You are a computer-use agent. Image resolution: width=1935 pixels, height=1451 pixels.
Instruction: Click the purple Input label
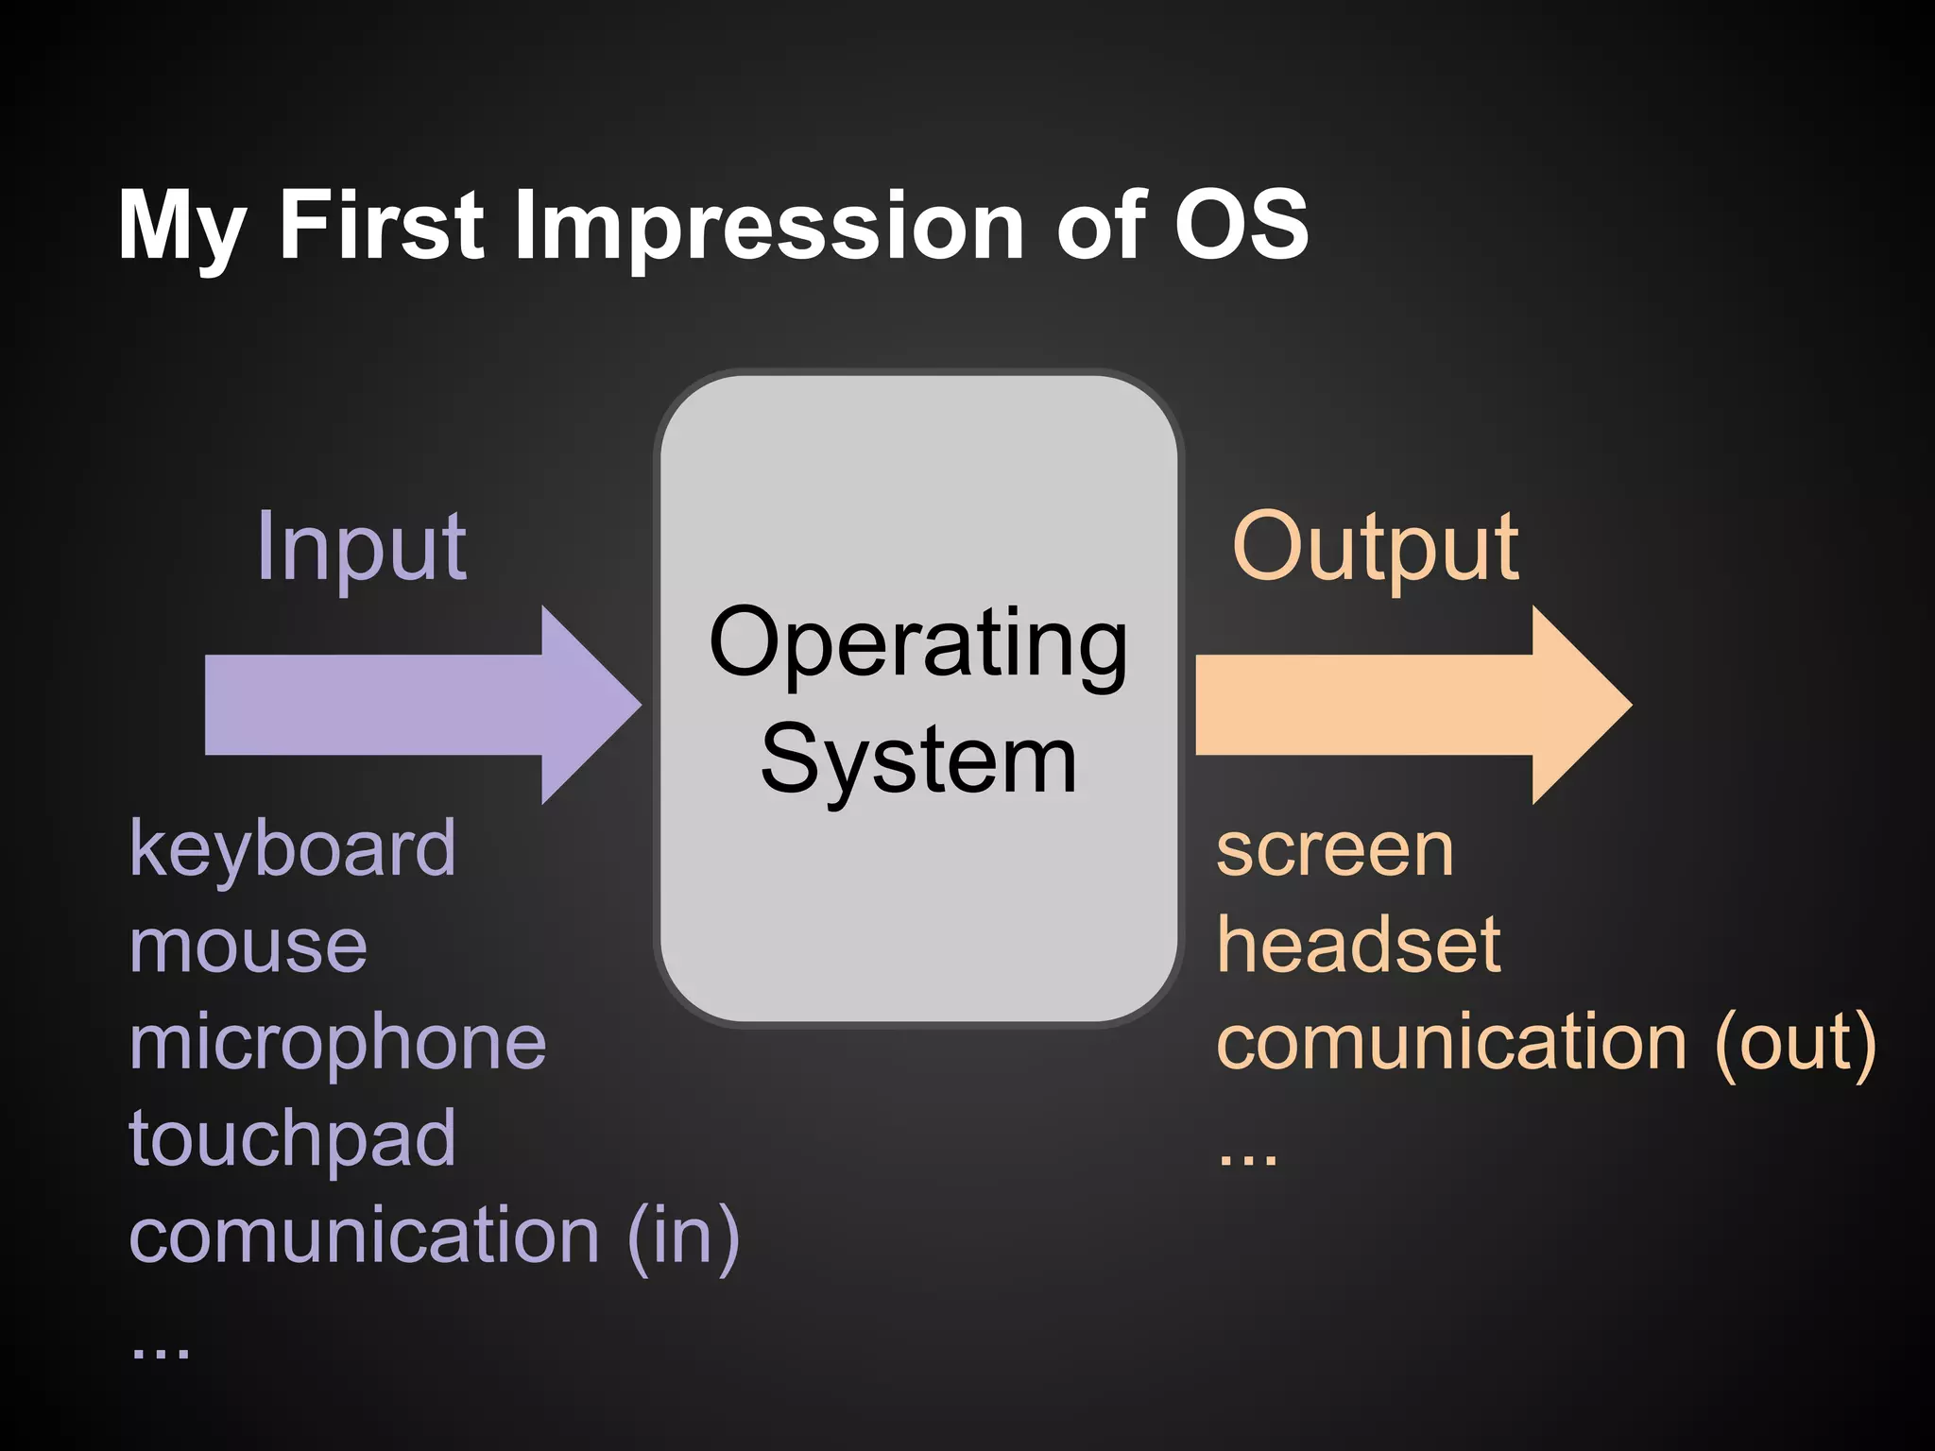coord(361,548)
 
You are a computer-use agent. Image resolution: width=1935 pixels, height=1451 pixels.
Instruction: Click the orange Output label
coord(1375,548)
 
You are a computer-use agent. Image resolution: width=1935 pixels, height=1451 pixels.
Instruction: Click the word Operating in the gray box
coord(918,645)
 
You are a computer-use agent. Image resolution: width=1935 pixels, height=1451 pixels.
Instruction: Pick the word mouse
coord(248,947)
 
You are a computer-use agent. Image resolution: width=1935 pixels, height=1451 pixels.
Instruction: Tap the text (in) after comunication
coord(682,1236)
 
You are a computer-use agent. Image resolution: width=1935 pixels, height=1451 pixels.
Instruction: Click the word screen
coord(1334,850)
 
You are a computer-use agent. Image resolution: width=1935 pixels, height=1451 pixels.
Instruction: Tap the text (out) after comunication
coord(1794,1043)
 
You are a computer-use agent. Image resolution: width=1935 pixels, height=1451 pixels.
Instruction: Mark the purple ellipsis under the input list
coord(160,1351)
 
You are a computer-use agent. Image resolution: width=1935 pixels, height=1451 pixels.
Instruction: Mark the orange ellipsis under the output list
coord(1247,1158)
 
